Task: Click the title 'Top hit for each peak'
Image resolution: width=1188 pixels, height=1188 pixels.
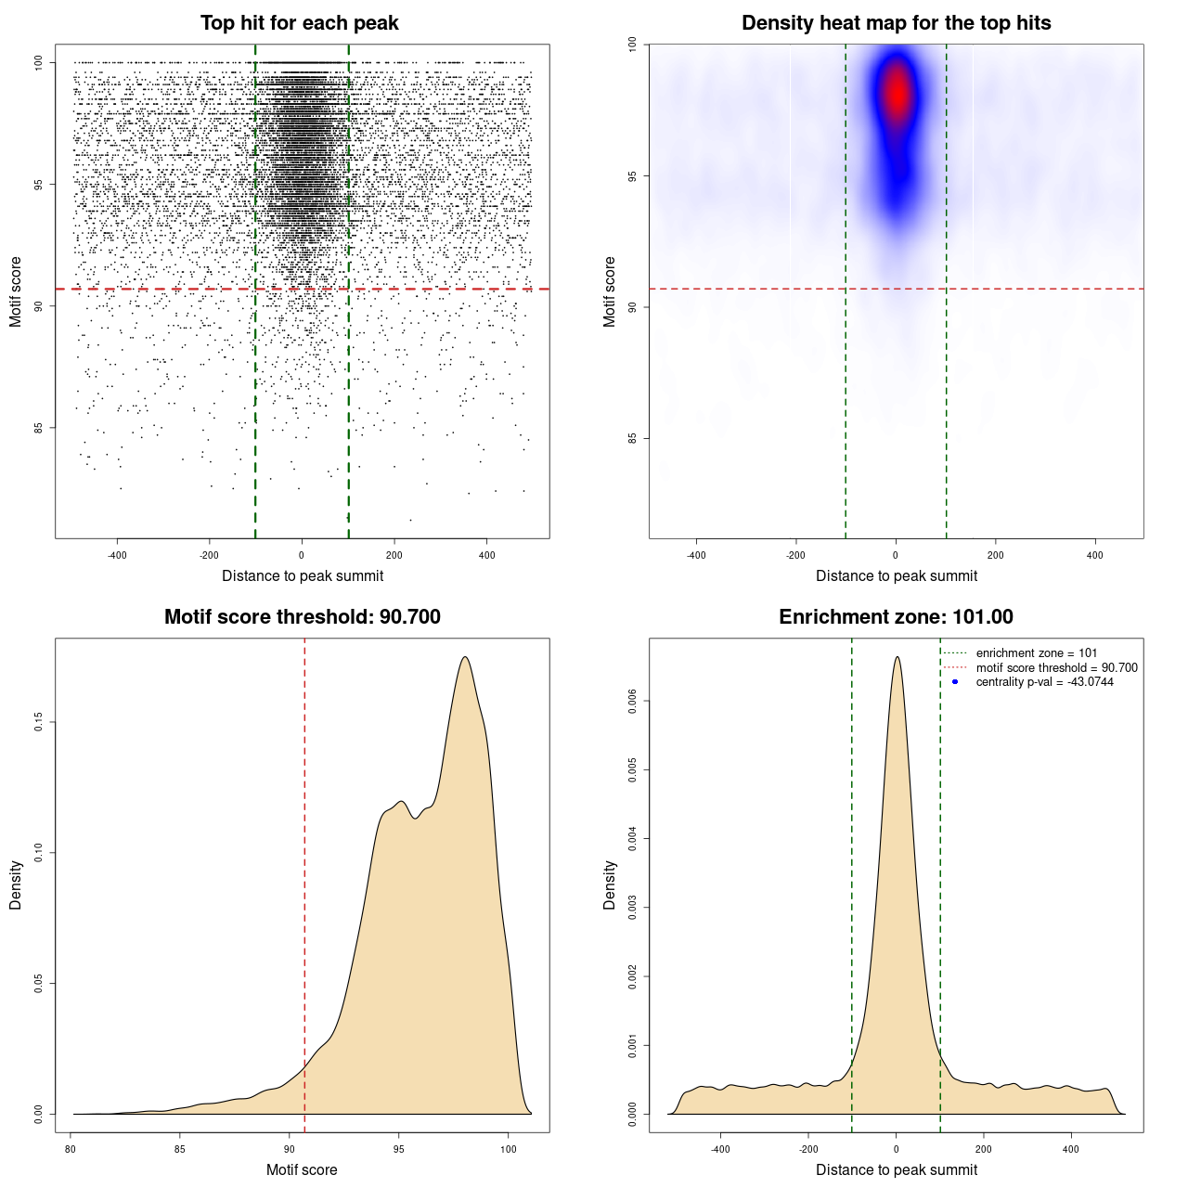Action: pos(299,23)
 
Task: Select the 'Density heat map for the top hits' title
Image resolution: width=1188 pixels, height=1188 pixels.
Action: pos(896,23)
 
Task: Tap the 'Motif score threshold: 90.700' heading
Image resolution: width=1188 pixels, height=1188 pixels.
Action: pos(302,617)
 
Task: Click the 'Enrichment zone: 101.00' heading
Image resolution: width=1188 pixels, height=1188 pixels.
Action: pos(896,617)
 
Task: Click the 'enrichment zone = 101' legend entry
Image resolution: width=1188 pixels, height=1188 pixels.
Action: pos(1036,653)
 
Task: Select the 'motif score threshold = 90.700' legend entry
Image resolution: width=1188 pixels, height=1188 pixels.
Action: pos(1056,668)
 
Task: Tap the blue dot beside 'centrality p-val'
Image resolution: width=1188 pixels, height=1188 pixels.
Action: pos(955,682)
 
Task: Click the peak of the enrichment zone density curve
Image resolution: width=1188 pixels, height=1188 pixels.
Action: pos(897,657)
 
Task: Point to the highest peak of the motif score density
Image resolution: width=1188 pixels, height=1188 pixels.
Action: pos(465,657)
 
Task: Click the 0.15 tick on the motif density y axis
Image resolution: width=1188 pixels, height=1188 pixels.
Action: pos(38,722)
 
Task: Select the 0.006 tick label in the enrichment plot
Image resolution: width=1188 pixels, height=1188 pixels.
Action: pos(632,702)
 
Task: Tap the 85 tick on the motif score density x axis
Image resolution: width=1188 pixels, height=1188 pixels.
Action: pos(180,1149)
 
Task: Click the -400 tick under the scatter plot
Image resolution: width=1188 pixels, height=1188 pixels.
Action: pos(117,555)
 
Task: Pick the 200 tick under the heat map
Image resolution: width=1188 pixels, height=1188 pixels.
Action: pos(995,555)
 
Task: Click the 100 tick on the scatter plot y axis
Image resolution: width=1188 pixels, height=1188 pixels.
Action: pos(38,62)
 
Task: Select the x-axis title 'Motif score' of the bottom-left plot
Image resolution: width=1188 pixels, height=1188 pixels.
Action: pos(302,1169)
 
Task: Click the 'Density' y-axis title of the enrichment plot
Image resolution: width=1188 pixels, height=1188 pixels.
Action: pos(610,885)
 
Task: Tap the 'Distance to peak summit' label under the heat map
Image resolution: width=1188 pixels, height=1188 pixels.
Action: pos(896,575)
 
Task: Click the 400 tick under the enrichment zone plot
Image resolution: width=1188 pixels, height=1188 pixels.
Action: pos(1071,1149)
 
